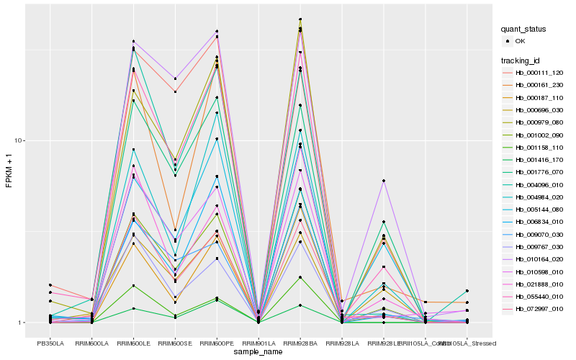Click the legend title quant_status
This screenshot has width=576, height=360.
[x=523, y=29]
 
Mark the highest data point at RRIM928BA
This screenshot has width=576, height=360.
[x=300, y=19]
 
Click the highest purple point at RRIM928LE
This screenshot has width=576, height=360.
[x=384, y=181]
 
